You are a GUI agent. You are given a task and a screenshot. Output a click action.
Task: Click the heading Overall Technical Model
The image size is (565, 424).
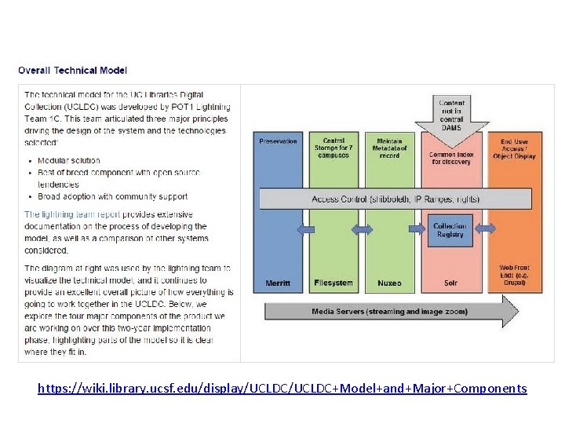click(x=72, y=71)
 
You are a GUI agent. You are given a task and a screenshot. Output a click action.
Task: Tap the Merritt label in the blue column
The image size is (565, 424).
click(x=279, y=283)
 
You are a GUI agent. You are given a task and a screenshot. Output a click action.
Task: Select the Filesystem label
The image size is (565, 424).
click(x=334, y=283)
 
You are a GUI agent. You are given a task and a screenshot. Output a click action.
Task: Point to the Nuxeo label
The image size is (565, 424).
click(x=389, y=283)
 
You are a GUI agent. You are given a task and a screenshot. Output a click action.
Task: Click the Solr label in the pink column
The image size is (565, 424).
click(x=451, y=283)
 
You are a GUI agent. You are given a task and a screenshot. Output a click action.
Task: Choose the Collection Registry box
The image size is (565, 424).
click(x=450, y=230)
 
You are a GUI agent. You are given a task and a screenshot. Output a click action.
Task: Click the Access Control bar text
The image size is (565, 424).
click(x=395, y=199)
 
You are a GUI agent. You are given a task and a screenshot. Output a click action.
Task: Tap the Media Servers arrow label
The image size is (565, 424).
click(x=390, y=312)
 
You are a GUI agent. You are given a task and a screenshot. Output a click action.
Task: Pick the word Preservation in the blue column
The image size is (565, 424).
click(x=279, y=141)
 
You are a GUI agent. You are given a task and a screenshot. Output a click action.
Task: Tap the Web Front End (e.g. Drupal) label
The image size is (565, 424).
click(x=514, y=275)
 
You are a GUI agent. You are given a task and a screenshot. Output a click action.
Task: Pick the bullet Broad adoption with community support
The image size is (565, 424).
click(x=112, y=196)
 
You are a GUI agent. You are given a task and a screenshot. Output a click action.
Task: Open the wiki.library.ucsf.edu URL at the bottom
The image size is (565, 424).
click(x=282, y=389)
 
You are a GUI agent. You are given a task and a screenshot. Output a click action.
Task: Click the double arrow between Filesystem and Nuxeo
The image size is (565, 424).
click(x=363, y=229)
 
